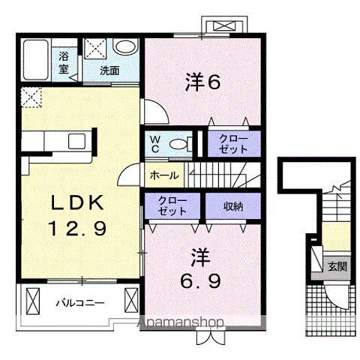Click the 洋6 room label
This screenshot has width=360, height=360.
202,82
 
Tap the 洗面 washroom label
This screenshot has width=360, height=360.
110,72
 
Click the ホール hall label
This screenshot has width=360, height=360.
164,175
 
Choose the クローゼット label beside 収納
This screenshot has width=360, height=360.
173,205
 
